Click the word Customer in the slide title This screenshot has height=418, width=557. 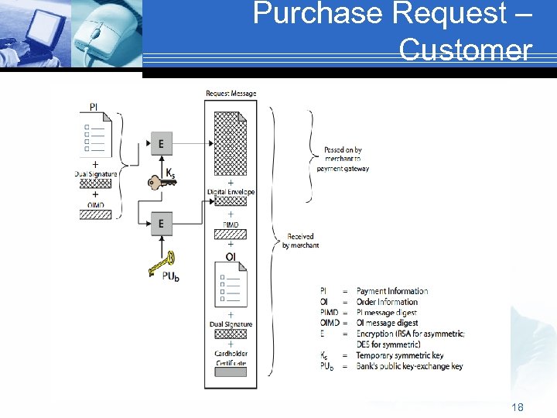click(466, 50)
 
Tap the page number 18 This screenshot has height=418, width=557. click(517, 406)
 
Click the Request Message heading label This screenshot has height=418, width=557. click(231, 94)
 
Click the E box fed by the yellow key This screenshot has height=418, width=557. click(161, 224)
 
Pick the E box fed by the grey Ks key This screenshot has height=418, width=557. click(161, 144)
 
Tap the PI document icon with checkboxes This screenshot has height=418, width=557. click(96, 135)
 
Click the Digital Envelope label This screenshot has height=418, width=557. click(231, 192)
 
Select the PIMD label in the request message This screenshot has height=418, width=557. click(231, 225)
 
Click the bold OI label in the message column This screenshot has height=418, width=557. click(231, 256)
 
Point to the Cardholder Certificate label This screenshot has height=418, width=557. click(231, 358)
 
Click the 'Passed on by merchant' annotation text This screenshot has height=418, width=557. click(343, 159)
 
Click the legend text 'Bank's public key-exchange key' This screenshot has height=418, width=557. click(409, 366)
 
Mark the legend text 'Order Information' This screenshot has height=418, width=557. click(387, 302)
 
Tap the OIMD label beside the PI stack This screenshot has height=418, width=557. click(95, 205)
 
